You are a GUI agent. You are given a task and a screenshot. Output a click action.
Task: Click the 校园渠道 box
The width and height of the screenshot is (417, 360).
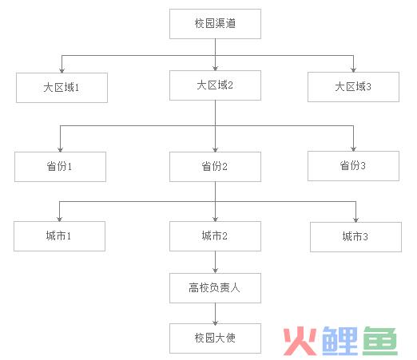[x=215, y=24]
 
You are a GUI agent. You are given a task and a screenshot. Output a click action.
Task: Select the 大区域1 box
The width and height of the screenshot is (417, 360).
[x=62, y=88]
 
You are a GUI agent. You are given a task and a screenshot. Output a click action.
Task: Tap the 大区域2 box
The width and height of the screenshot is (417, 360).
[x=215, y=85]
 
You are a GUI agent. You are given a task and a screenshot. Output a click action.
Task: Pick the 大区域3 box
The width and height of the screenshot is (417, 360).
[x=353, y=87]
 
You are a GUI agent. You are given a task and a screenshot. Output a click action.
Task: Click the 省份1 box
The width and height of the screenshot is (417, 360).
[x=60, y=167]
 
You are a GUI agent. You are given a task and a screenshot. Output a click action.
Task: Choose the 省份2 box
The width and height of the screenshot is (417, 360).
[x=215, y=167]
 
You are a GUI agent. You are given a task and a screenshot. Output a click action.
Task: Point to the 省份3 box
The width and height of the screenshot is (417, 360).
[x=353, y=166]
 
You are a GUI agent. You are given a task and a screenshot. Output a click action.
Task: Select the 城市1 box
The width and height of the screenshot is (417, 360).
[x=59, y=236]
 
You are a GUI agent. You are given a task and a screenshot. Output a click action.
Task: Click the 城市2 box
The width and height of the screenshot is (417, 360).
[x=215, y=236]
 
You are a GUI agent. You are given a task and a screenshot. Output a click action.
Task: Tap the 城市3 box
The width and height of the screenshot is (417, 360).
[x=355, y=237]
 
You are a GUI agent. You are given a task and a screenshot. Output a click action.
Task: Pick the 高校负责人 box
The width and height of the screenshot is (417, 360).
[x=215, y=288]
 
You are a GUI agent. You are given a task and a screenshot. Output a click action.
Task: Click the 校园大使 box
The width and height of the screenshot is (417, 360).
[x=215, y=338]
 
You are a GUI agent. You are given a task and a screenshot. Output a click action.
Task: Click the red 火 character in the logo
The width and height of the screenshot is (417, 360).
[x=300, y=341]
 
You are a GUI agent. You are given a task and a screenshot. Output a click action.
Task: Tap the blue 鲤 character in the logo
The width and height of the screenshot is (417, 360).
[x=340, y=341]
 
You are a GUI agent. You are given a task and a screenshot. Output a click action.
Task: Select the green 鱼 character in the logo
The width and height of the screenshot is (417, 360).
[x=380, y=341]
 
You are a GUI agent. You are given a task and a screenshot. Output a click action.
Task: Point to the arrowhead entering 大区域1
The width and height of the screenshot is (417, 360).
[x=62, y=70]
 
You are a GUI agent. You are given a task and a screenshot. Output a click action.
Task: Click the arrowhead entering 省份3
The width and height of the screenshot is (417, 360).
[x=353, y=148]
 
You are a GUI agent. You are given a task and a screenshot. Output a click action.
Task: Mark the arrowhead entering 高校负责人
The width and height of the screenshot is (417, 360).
[x=215, y=271]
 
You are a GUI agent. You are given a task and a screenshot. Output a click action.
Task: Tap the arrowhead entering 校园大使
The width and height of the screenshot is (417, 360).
[x=215, y=321]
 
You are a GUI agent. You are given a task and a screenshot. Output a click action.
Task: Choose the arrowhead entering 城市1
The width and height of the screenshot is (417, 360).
[x=59, y=219]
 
